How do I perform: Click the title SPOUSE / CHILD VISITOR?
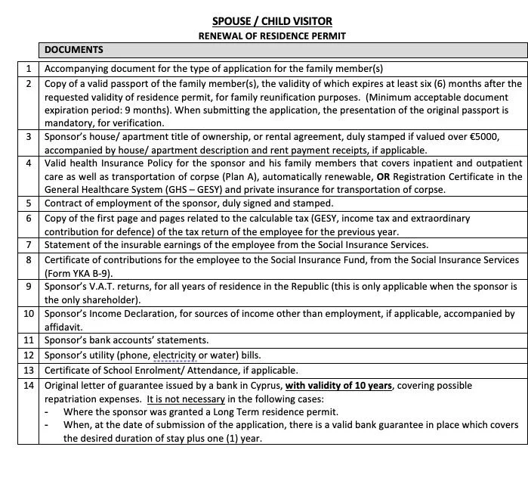(x=271, y=21)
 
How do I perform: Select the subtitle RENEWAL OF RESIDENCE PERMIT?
(x=271, y=36)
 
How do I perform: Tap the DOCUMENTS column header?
(x=74, y=51)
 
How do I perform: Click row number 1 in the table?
(x=29, y=68)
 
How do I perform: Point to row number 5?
(x=29, y=203)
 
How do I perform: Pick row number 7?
(x=29, y=245)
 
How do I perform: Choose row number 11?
(x=29, y=340)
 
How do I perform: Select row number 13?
(x=29, y=371)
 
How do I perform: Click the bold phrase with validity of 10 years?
(x=338, y=386)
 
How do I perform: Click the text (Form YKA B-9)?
(x=79, y=272)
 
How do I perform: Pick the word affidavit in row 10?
(x=66, y=326)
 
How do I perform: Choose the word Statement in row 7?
(x=70, y=245)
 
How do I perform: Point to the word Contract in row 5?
(x=66, y=203)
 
